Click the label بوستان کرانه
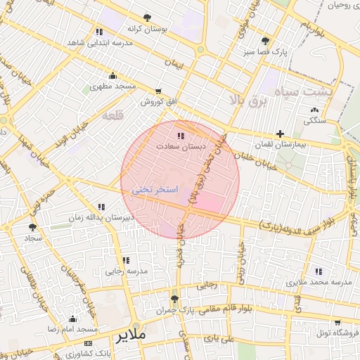coord(146,30)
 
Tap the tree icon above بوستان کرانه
coord(146,18)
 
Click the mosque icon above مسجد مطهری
coord(112,76)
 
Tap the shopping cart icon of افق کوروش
coord(158,91)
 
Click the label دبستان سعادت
coord(180,147)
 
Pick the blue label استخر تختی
coord(154,191)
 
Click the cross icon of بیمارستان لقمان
coord(281,134)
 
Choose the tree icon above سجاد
coord(32,227)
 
